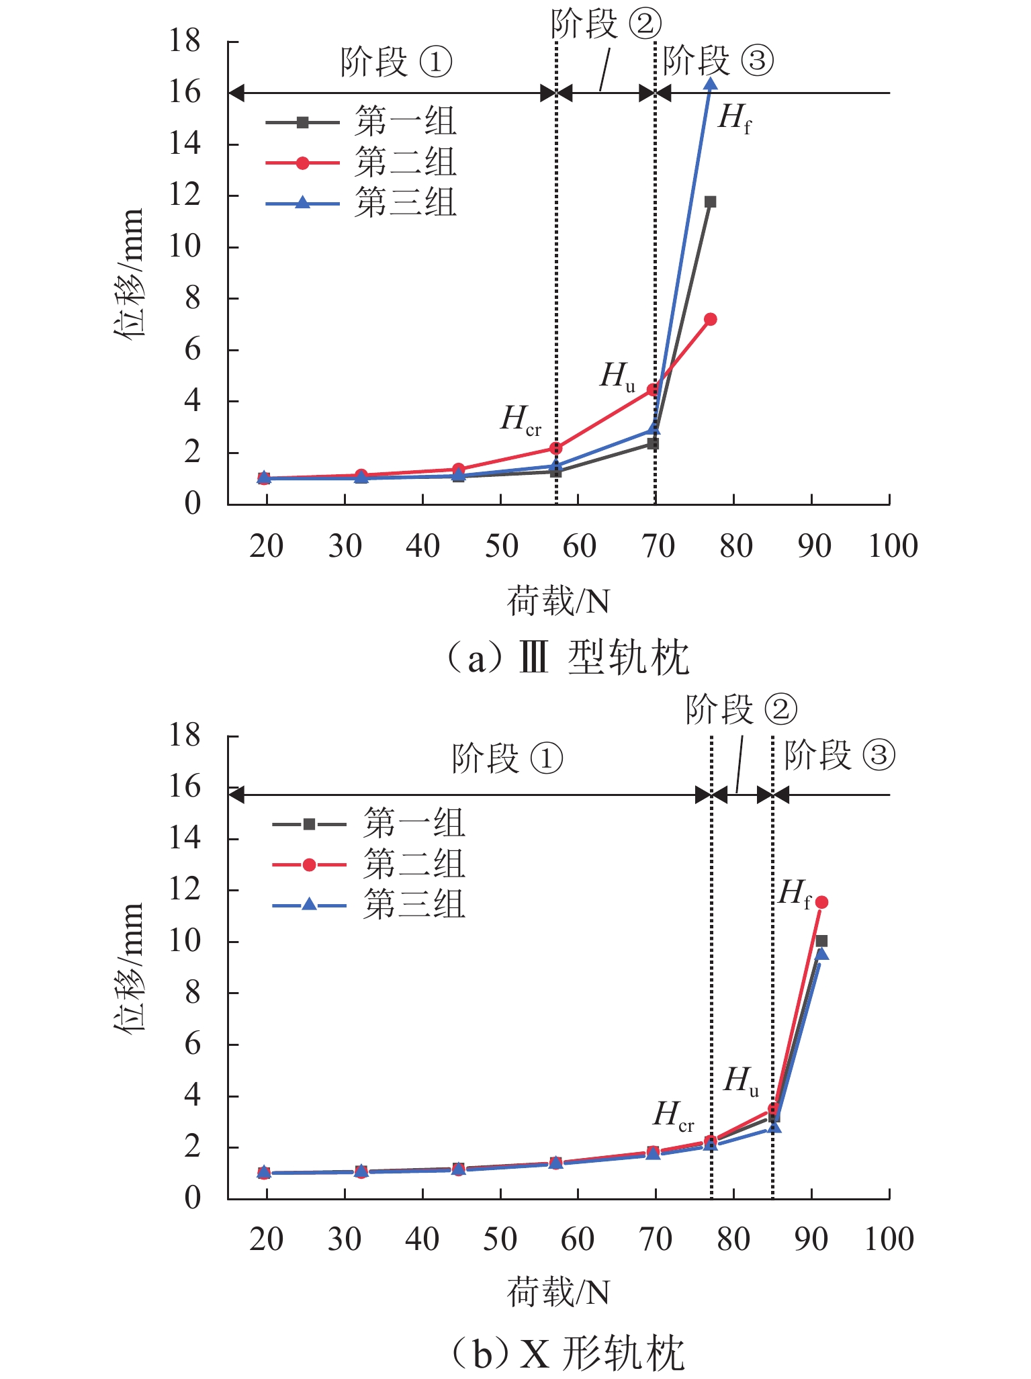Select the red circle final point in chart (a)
point(710,319)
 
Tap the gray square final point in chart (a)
point(710,202)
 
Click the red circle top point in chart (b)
point(821,902)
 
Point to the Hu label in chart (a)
point(617,376)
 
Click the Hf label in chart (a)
point(734,119)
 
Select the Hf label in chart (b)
point(795,894)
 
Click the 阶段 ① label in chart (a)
point(396,62)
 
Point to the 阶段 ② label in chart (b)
point(742,709)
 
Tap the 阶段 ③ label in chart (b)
point(840,755)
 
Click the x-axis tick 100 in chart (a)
point(893,546)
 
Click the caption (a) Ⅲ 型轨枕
point(568,657)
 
